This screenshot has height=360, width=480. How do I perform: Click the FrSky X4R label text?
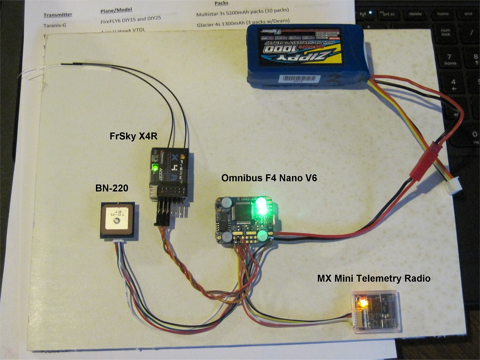click(x=133, y=136)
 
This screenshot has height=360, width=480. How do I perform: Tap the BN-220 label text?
click(x=112, y=188)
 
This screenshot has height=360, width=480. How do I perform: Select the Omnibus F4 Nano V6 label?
click(x=269, y=178)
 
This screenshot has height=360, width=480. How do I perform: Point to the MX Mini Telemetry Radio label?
click(x=374, y=278)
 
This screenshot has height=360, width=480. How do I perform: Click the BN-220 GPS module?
click(x=117, y=220)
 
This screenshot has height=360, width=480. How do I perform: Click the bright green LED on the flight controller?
click(x=261, y=206)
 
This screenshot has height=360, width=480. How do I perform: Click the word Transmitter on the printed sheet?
click(x=58, y=15)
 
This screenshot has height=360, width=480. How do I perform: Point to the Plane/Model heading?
click(x=116, y=10)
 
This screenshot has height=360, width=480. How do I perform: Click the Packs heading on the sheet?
click(x=221, y=3)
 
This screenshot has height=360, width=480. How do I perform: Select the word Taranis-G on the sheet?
click(x=55, y=26)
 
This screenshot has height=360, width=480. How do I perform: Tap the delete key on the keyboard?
click(x=415, y=14)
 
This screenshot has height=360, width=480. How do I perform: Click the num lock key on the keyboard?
click(x=446, y=32)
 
